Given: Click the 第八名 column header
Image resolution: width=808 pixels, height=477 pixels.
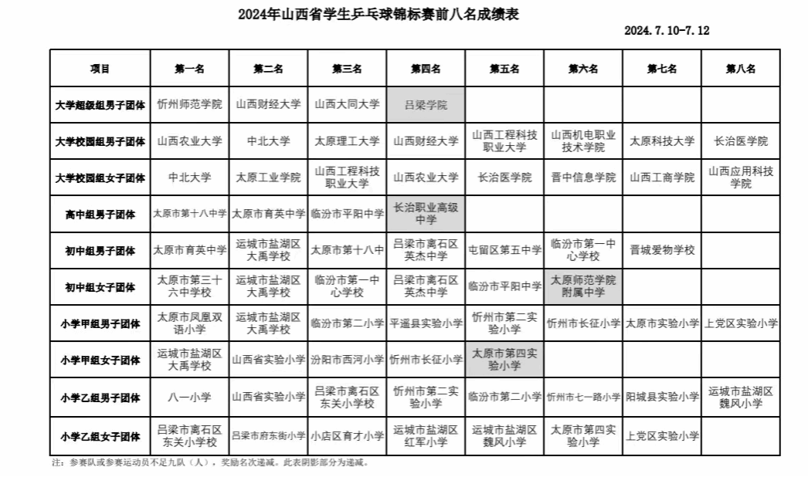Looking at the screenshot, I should tap(740, 69).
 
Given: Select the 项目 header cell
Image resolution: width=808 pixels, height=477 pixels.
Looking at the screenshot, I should tap(100, 69).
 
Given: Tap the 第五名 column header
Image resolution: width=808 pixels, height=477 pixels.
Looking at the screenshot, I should tap(504, 69).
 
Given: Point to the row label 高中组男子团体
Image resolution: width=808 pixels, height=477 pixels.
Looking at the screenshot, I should tap(100, 215).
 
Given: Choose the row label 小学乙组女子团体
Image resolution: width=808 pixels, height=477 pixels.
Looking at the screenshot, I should tap(100, 436).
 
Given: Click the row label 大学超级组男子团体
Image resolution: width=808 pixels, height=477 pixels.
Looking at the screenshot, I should tap(100, 105).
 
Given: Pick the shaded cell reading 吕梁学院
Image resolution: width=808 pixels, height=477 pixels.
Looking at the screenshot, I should tap(426, 105).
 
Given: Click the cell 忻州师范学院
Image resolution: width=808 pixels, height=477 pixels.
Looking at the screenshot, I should tap(189, 104).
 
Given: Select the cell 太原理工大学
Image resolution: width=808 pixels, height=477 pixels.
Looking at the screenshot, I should tap(347, 141).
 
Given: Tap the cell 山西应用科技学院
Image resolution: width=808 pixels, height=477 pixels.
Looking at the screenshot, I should tap(740, 178).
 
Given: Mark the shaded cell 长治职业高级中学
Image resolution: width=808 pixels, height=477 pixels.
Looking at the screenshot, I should tap(426, 214).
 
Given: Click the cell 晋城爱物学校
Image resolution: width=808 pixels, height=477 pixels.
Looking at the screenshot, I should tap(661, 250).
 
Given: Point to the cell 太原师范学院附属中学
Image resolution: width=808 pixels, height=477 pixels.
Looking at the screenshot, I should tap(582, 286).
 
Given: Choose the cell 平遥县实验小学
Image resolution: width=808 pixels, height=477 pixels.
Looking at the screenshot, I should tap(426, 323).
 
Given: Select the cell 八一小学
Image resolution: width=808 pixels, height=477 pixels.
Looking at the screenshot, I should tap(189, 397).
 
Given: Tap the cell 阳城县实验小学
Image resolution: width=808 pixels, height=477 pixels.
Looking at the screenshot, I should tap(661, 397).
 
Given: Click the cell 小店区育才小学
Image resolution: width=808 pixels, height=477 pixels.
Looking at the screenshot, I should tap(347, 436).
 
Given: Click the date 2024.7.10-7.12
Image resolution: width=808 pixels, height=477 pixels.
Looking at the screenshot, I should tap(666, 31).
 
